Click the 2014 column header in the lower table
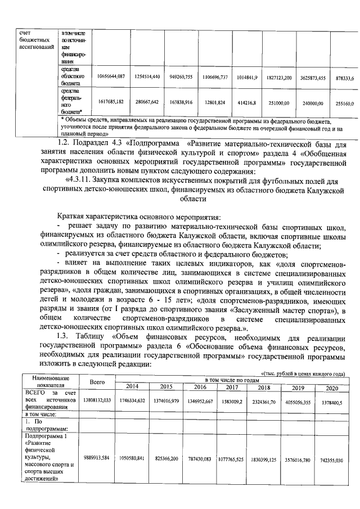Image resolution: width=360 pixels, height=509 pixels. point(132,387)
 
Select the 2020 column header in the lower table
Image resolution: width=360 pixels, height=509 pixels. point(332,388)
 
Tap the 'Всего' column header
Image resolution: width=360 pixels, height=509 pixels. point(97,382)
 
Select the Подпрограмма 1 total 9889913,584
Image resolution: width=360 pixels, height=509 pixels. point(97,458)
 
